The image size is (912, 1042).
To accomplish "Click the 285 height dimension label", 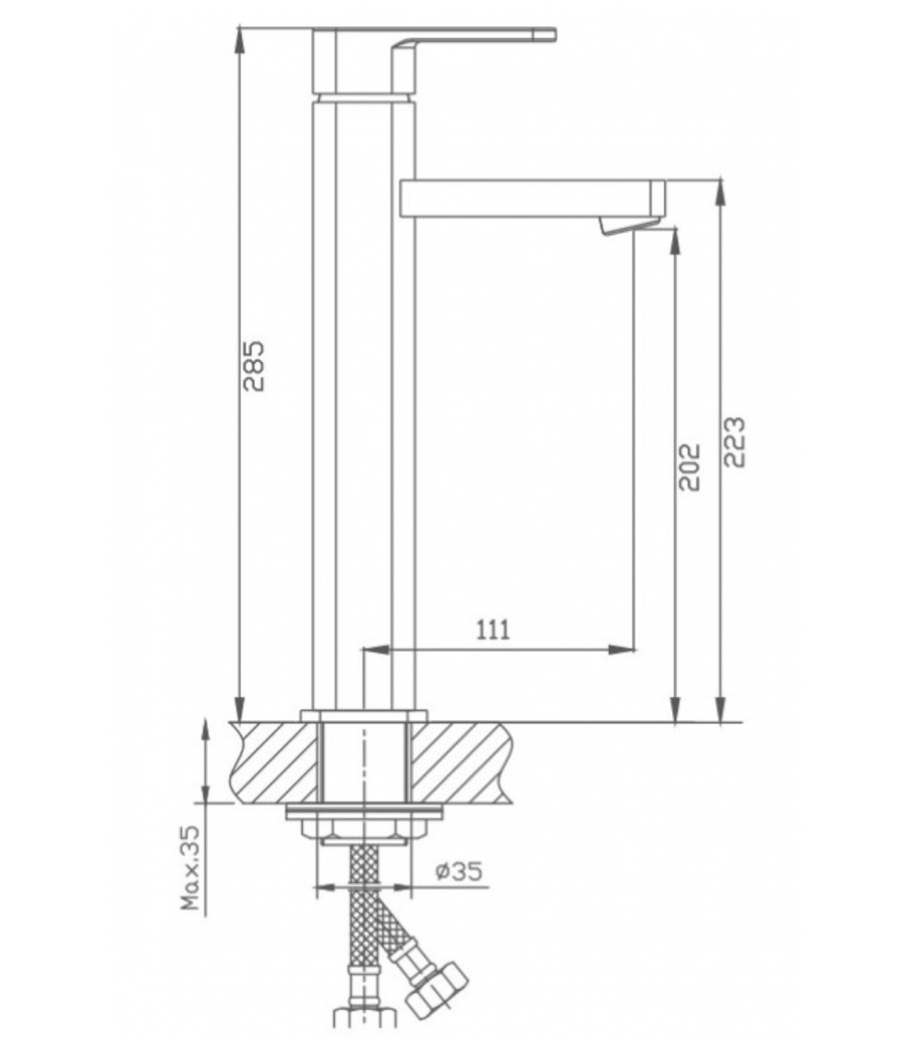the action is tap(254, 365).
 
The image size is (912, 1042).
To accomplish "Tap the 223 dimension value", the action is tap(734, 442).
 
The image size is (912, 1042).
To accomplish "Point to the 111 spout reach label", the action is tap(493, 630).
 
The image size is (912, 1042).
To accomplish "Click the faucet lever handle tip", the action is tap(553, 34).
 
